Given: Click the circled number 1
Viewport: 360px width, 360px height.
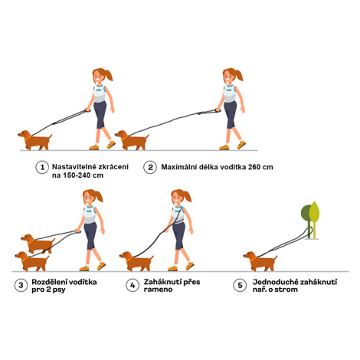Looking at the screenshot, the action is coord(42,168).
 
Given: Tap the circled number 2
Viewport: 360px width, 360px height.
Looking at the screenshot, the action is coord(150,168).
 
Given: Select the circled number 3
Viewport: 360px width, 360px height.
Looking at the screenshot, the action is coord(21,285).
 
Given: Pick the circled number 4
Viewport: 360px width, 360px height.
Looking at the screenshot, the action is coord(133,285).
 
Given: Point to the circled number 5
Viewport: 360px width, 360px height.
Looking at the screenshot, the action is coord(240,285).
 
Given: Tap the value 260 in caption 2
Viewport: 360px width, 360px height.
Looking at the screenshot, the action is coord(254,167).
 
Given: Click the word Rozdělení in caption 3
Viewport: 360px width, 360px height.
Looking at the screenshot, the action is coord(47,282).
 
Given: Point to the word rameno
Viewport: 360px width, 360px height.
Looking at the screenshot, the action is coord(158,290).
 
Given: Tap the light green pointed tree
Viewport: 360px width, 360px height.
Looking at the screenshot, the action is coord(314,217).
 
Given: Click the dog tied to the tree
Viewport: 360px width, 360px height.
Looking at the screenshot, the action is coord(260,261).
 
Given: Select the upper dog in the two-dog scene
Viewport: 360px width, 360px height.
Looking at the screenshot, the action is coord(38,244).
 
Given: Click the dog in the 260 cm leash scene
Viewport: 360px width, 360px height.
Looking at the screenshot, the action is coord(132,140).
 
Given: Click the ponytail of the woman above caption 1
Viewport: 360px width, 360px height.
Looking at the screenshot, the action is coord(108,74).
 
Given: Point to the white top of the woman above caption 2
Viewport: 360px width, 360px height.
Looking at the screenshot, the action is coord(230,93).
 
